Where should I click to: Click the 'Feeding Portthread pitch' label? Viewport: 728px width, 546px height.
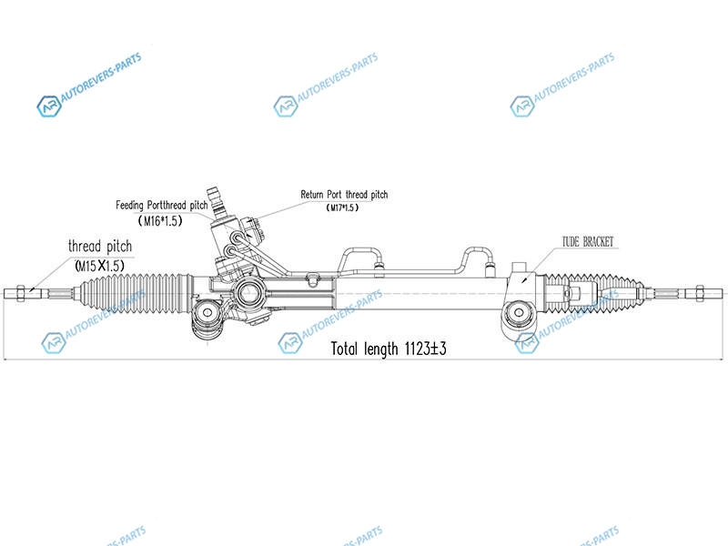(x=162, y=206)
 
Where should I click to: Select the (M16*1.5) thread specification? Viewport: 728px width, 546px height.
(x=162, y=221)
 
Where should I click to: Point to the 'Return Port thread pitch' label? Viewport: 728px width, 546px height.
(x=344, y=195)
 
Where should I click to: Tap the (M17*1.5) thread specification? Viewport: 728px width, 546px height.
(x=342, y=207)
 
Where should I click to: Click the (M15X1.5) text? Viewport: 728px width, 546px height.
(x=99, y=265)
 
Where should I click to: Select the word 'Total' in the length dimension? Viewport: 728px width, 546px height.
(x=349, y=349)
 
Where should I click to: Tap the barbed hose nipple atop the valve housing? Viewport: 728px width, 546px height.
(x=215, y=193)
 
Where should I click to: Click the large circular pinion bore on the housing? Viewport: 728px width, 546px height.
(x=248, y=293)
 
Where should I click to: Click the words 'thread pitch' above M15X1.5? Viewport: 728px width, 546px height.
(x=100, y=247)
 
